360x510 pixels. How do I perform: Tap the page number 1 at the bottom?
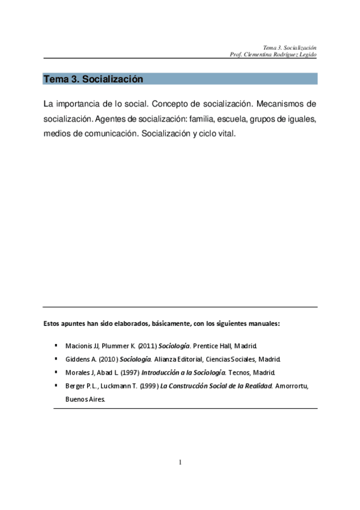(180, 462)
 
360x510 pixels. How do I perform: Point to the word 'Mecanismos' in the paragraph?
(282, 104)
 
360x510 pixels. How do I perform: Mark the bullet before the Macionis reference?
(56, 346)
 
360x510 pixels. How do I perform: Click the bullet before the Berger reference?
(56, 384)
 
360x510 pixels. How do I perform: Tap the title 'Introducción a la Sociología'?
(183, 372)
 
